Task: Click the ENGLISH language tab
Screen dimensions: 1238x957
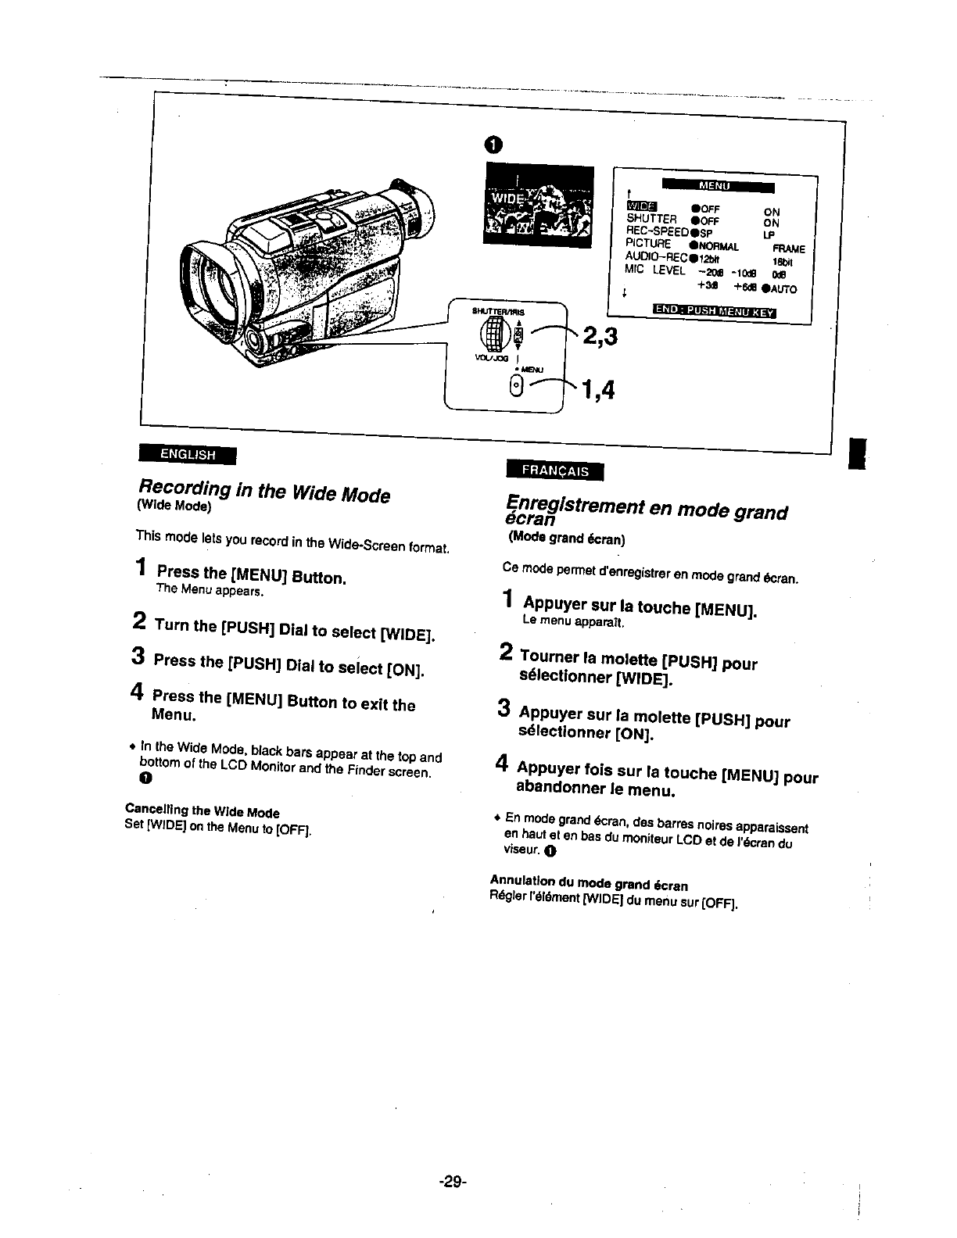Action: [188, 454]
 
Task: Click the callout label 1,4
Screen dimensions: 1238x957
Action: [596, 388]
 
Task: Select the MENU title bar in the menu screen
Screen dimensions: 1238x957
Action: [718, 185]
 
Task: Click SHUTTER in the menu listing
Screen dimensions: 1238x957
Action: [651, 219]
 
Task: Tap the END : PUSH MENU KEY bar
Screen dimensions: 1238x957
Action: [713, 313]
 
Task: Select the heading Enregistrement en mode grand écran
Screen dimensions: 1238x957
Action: [646, 511]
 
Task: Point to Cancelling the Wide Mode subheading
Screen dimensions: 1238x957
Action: [203, 812]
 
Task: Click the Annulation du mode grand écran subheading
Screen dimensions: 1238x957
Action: [589, 885]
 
